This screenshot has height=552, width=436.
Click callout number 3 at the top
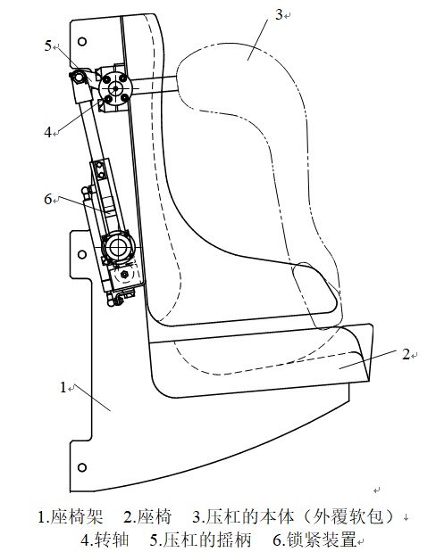pos(279,15)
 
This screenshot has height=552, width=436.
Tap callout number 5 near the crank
pos(48,45)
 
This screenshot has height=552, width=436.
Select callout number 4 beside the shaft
pos(48,133)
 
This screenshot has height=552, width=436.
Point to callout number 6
pos(48,199)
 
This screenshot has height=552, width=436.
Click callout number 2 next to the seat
pos(407,354)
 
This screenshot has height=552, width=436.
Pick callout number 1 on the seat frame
pos(63,387)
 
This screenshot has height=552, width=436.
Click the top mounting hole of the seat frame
pos(82,42)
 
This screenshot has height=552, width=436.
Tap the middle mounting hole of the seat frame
pos(82,254)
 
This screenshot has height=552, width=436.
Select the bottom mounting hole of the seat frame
pos(82,467)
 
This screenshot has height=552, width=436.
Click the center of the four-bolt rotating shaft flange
pos(115,88)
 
